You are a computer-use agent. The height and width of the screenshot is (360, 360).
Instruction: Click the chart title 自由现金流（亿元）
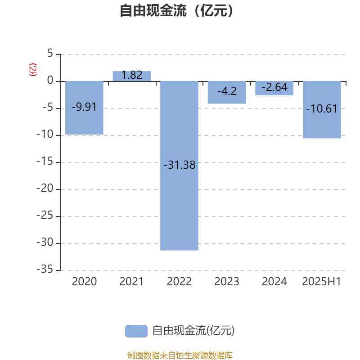[x=176, y=10]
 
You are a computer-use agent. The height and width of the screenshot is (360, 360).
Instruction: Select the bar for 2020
[x=84, y=108]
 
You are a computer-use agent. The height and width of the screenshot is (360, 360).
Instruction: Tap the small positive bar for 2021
[x=132, y=76]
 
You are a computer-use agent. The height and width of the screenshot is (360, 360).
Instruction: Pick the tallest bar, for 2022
[x=179, y=166]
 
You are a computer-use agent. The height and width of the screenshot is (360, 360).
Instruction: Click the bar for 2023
[x=227, y=93]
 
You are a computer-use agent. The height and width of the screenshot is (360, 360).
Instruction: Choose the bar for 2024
[x=274, y=88]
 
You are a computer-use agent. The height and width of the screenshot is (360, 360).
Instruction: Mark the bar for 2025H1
[x=322, y=110]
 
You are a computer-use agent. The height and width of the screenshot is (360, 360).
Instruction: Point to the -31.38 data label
[x=179, y=165]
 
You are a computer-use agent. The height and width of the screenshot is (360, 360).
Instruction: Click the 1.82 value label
[x=132, y=75]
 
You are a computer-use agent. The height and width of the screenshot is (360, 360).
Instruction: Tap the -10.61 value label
[x=322, y=108]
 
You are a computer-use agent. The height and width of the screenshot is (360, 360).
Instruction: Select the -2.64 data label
[x=274, y=87]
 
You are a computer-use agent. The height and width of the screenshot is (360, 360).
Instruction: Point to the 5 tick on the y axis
[x=50, y=53]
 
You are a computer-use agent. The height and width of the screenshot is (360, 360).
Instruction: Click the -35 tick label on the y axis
[x=45, y=269]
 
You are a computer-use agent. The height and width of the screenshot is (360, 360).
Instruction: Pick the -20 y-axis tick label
[x=45, y=188]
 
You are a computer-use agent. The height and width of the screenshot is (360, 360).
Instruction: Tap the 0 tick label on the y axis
[x=50, y=81]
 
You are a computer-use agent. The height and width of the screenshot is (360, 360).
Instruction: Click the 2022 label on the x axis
[x=179, y=282]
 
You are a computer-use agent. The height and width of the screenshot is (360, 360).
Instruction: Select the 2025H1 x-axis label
[x=321, y=282]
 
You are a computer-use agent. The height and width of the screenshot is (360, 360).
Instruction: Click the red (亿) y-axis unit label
[x=32, y=70]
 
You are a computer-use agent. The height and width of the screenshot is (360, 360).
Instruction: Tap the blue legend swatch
[x=136, y=331]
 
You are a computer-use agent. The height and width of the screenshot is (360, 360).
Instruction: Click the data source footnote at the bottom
[x=180, y=355]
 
